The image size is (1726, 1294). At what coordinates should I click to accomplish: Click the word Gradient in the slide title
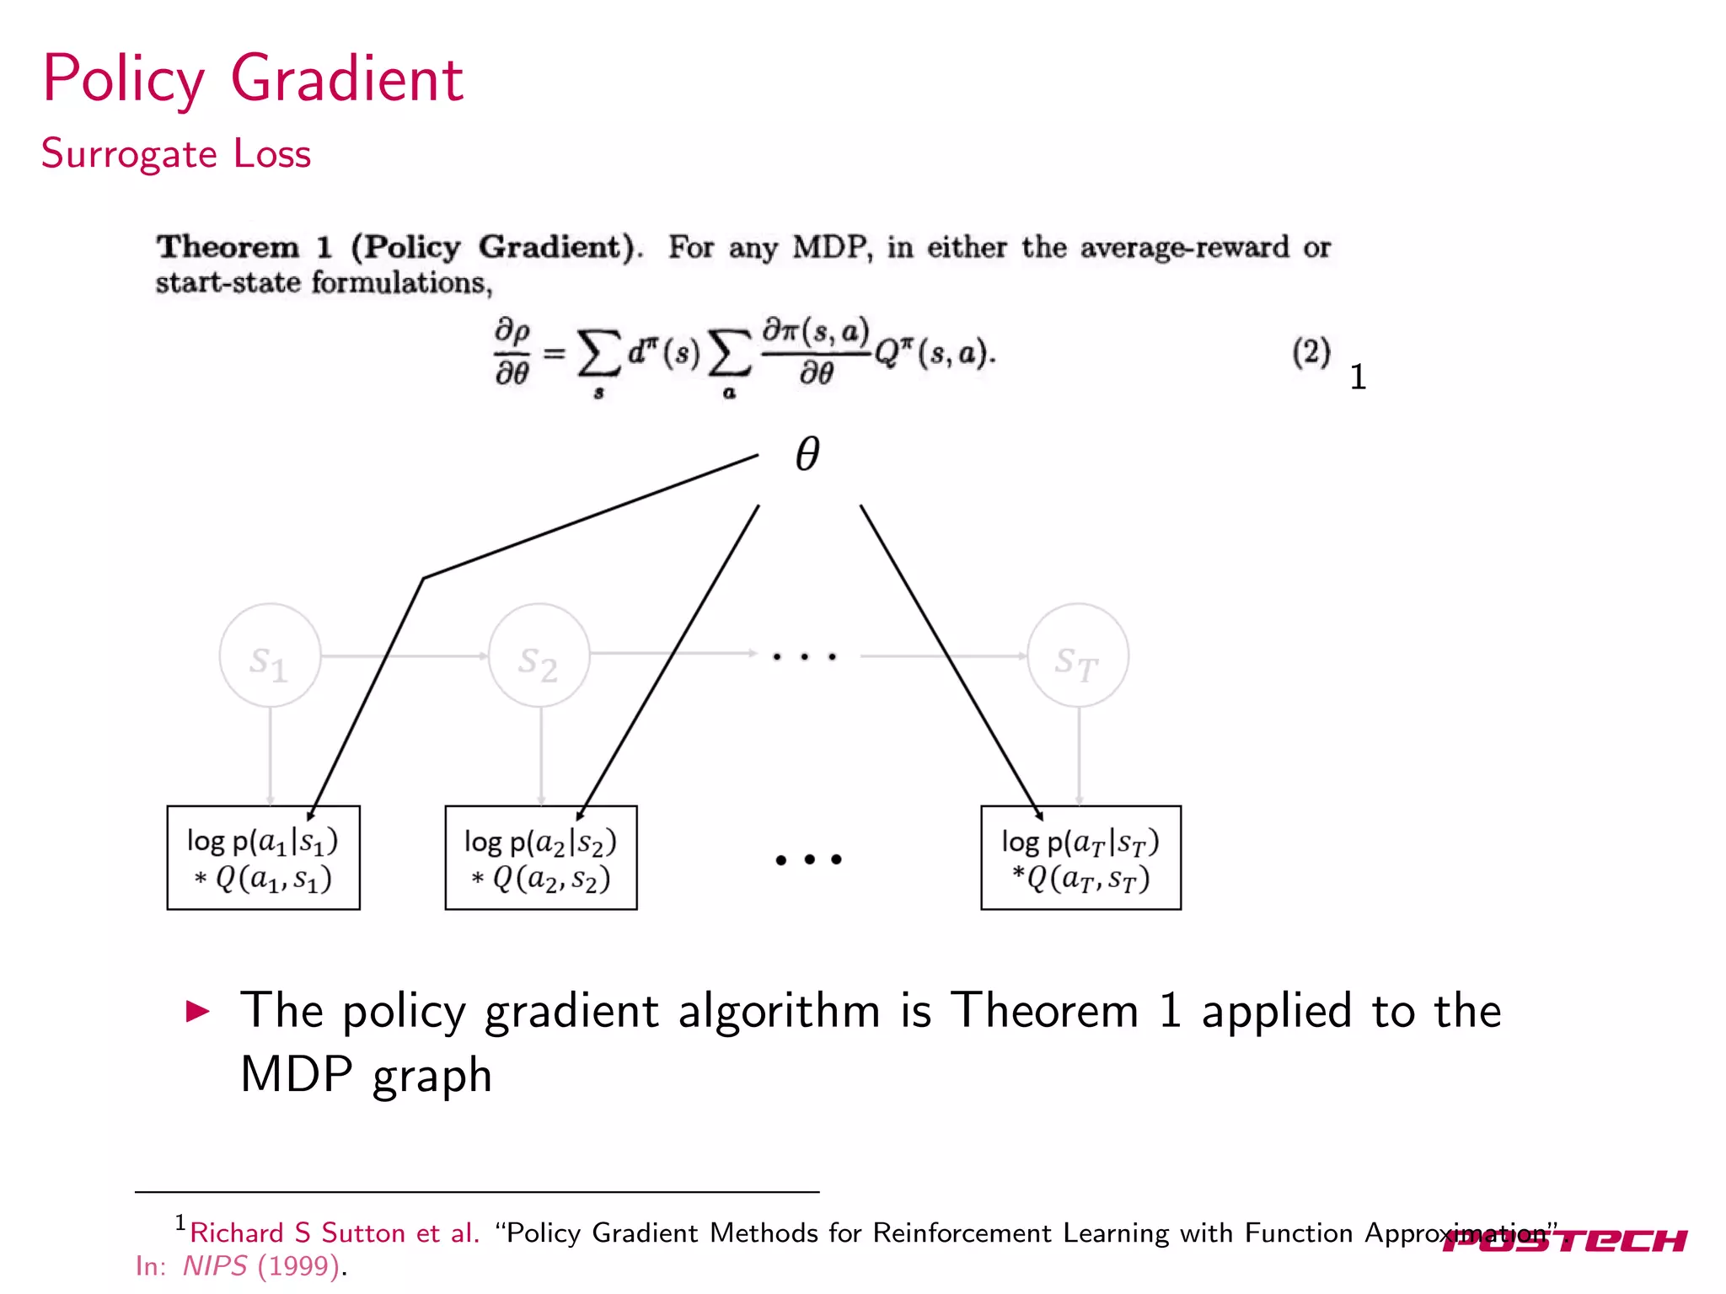pyautogui.click(x=346, y=79)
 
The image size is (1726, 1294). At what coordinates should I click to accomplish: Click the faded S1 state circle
pyautogui.click(x=270, y=655)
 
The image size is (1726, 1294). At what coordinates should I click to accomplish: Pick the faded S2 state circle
pyautogui.click(x=539, y=655)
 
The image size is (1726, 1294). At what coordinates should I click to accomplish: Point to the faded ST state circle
pyautogui.click(x=1078, y=655)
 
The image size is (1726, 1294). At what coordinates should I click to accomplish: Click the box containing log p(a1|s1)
pyautogui.click(x=263, y=858)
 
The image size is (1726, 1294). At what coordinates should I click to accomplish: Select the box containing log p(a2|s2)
pyautogui.click(x=540, y=858)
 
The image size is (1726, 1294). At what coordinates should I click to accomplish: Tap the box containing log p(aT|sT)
pyautogui.click(x=1080, y=858)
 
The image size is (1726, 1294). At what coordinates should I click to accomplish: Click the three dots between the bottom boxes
pyautogui.click(x=808, y=859)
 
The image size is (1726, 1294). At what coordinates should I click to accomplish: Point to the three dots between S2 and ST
pyautogui.click(x=805, y=656)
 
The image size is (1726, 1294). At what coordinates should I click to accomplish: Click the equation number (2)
pyautogui.click(x=1311, y=352)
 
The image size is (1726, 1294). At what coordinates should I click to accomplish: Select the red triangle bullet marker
pyautogui.click(x=197, y=1011)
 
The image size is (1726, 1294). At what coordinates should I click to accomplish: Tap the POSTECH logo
pyautogui.click(x=1565, y=1241)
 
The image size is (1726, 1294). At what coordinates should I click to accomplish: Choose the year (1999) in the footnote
pyautogui.click(x=298, y=1266)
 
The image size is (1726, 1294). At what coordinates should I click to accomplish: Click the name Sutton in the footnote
pyautogui.click(x=363, y=1233)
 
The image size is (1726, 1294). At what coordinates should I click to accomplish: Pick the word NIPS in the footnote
pyautogui.click(x=215, y=1266)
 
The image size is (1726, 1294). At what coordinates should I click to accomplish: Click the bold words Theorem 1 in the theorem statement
pyautogui.click(x=244, y=248)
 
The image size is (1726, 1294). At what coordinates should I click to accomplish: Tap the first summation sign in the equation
pyautogui.click(x=598, y=354)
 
